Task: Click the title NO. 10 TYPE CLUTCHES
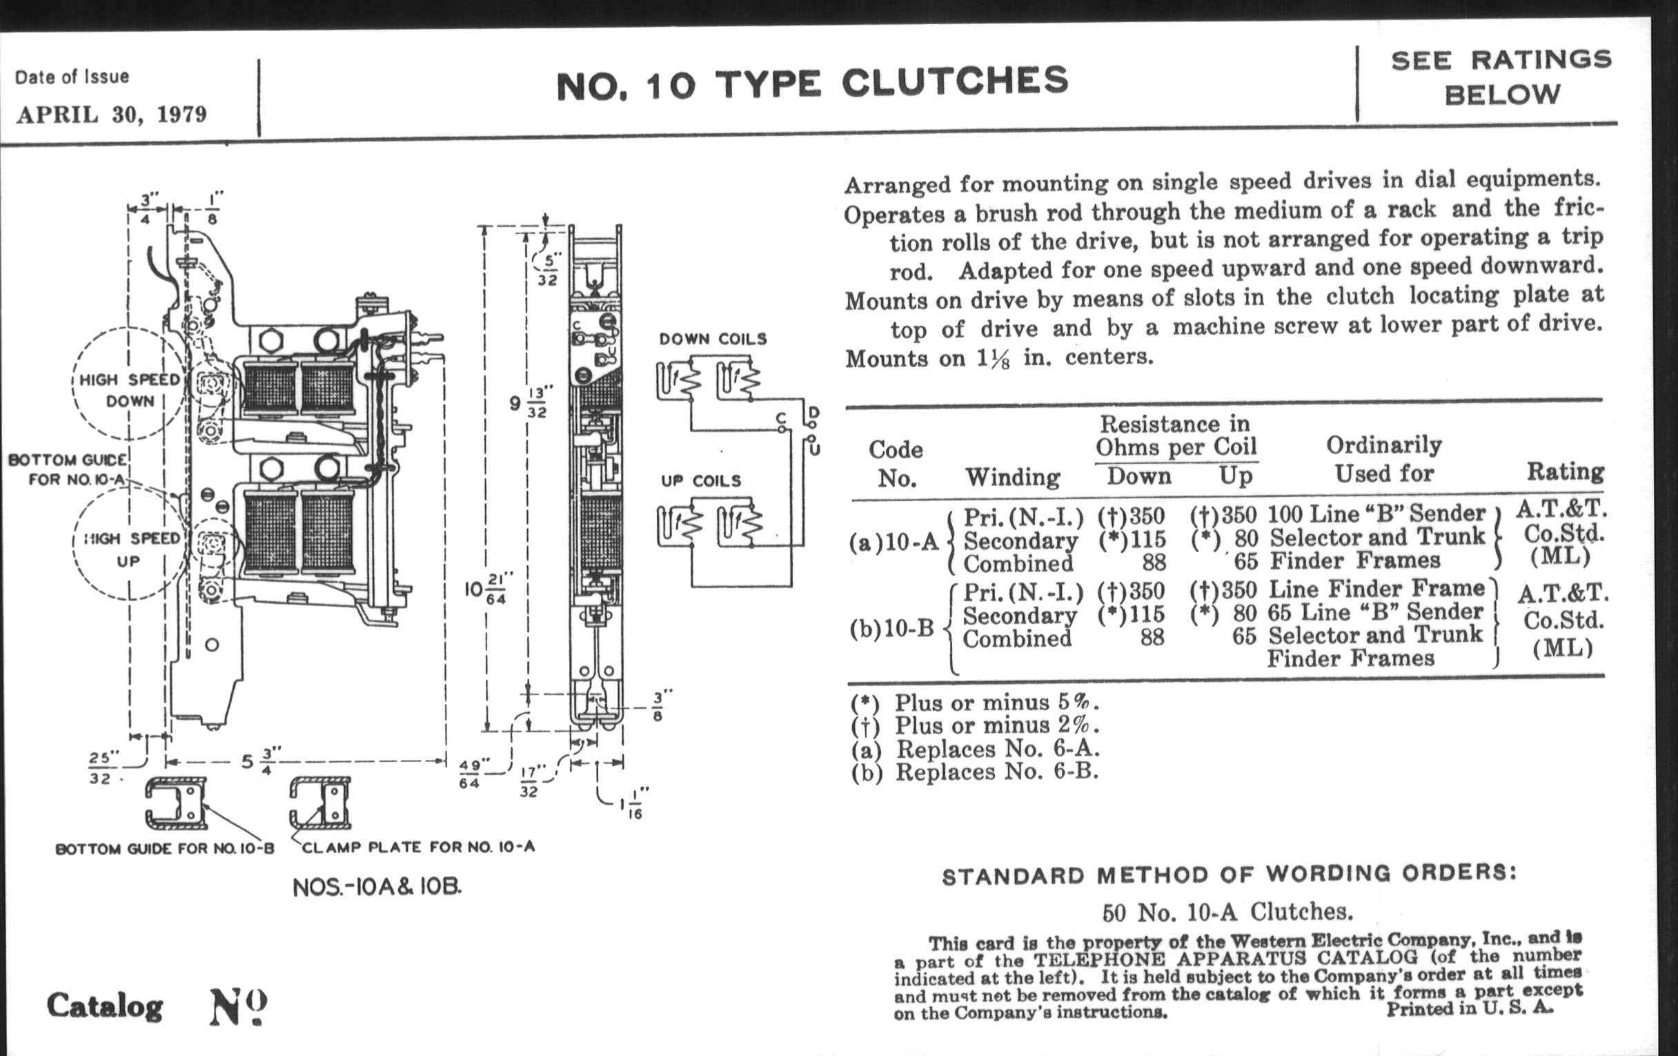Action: [812, 83]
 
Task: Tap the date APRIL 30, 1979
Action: [112, 115]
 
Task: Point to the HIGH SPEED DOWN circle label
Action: [130, 391]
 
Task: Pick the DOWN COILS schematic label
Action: [713, 340]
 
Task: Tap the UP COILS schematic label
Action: [701, 481]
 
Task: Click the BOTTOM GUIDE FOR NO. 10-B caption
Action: [165, 849]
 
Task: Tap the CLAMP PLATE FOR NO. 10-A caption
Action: [418, 848]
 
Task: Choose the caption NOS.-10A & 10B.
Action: [377, 888]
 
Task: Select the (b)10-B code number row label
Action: [891, 629]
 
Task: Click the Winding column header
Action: [1012, 478]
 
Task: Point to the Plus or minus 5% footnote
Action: [974, 703]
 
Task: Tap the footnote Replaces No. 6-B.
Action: [974, 772]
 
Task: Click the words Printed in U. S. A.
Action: [1470, 1008]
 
